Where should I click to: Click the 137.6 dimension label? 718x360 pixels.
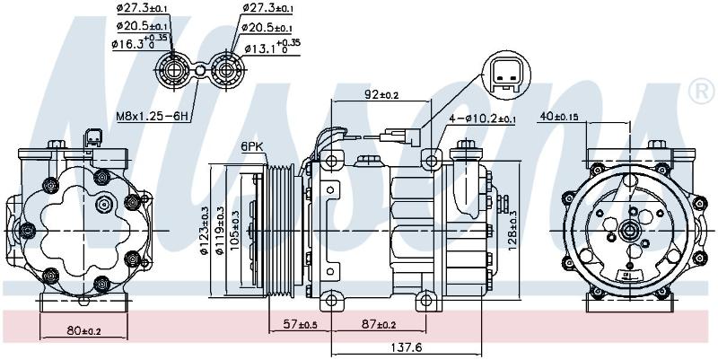click(x=406, y=348)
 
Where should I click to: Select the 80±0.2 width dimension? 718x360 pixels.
click(x=83, y=329)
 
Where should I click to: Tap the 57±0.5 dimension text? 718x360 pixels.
click(x=301, y=325)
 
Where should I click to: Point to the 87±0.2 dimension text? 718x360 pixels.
click(x=379, y=325)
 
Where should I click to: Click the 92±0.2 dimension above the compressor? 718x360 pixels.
click(x=381, y=95)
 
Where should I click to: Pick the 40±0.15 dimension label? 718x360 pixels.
click(x=559, y=117)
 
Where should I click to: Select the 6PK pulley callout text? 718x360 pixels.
click(x=252, y=147)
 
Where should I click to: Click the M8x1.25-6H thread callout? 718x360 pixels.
click(x=153, y=117)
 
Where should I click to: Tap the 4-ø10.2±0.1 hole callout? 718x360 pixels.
click(x=482, y=119)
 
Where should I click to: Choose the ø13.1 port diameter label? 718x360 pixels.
click(x=272, y=48)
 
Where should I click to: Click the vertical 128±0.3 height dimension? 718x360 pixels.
click(x=512, y=230)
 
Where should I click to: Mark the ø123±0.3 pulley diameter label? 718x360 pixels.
click(x=204, y=230)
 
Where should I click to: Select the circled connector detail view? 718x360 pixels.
click(x=506, y=75)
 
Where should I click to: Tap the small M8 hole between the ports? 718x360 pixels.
click(x=200, y=71)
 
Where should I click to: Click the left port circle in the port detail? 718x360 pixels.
click(x=172, y=71)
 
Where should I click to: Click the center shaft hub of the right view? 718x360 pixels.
click(x=628, y=231)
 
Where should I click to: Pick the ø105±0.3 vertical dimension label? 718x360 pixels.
click(x=234, y=230)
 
